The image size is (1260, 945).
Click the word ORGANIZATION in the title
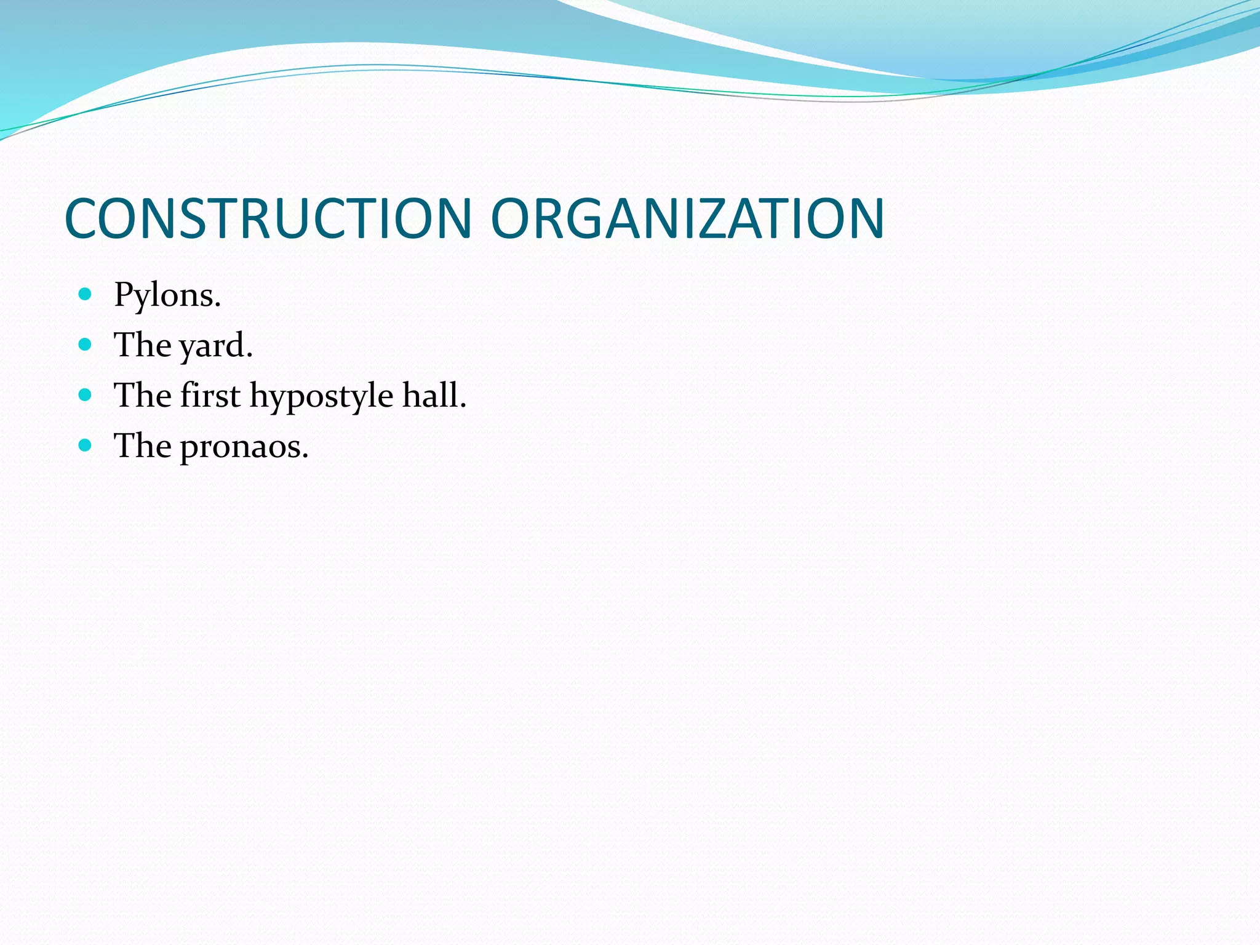click(687, 218)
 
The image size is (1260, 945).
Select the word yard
click(215, 346)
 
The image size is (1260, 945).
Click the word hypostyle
click(321, 397)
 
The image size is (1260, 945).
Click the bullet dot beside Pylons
click(86, 294)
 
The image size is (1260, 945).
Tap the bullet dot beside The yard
click(86, 344)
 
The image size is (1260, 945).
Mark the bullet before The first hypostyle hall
click(86, 394)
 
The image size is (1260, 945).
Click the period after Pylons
click(218, 306)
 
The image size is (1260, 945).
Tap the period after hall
click(463, 405)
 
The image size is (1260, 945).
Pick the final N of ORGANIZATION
click(865, 218)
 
